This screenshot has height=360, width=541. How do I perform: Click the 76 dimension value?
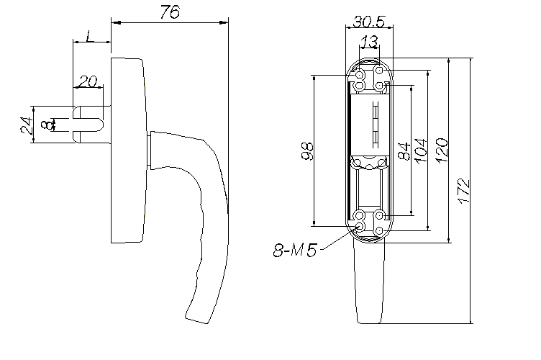coord(170,12)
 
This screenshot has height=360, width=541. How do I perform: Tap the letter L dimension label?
coord(89,36)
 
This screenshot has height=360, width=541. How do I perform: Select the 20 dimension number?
coord(88,82)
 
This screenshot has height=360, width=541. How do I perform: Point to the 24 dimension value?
coord(27,125)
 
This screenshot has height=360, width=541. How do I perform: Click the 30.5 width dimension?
coord(368,22)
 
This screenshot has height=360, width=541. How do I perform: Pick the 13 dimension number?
coord(368,42)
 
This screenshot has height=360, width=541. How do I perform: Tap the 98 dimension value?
coord(307,150)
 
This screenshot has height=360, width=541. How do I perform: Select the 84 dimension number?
coord(404,150)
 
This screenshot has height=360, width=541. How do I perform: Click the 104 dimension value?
coord(420,150)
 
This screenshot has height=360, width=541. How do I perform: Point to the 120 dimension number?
coord(441,150)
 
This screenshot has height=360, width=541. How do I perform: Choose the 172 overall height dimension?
coord(464,191)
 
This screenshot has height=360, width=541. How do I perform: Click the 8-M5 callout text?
coord(295,250)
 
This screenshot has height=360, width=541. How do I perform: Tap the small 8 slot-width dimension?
coord(45,125)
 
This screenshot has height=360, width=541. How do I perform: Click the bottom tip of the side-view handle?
coord(196,320)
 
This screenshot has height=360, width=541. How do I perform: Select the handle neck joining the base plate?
coord(149,150)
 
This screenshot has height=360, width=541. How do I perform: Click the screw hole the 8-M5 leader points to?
coord(360,226)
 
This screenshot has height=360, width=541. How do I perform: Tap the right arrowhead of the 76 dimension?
coord(224,23)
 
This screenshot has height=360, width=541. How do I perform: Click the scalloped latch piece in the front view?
coord(369,163)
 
